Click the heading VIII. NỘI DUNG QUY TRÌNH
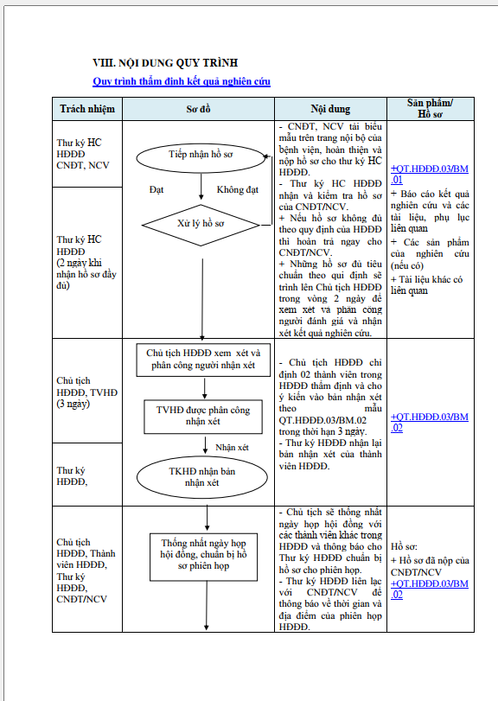165,62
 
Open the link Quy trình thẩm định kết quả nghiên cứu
182,81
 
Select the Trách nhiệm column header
87,109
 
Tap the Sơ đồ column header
198,109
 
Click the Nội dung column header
330,109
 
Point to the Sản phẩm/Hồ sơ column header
430,109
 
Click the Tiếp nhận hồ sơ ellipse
201,158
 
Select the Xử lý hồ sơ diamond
201,225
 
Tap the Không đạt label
238,189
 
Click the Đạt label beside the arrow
156,189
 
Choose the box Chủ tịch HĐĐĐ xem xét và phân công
203,360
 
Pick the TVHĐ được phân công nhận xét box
203,417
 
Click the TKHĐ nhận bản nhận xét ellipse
202,477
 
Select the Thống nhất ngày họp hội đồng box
203,557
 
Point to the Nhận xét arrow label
232,448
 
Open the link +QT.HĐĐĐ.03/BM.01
430,175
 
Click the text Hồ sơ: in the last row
404,546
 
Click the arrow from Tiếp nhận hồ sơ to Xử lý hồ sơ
201,186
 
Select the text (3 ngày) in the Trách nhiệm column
73,404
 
